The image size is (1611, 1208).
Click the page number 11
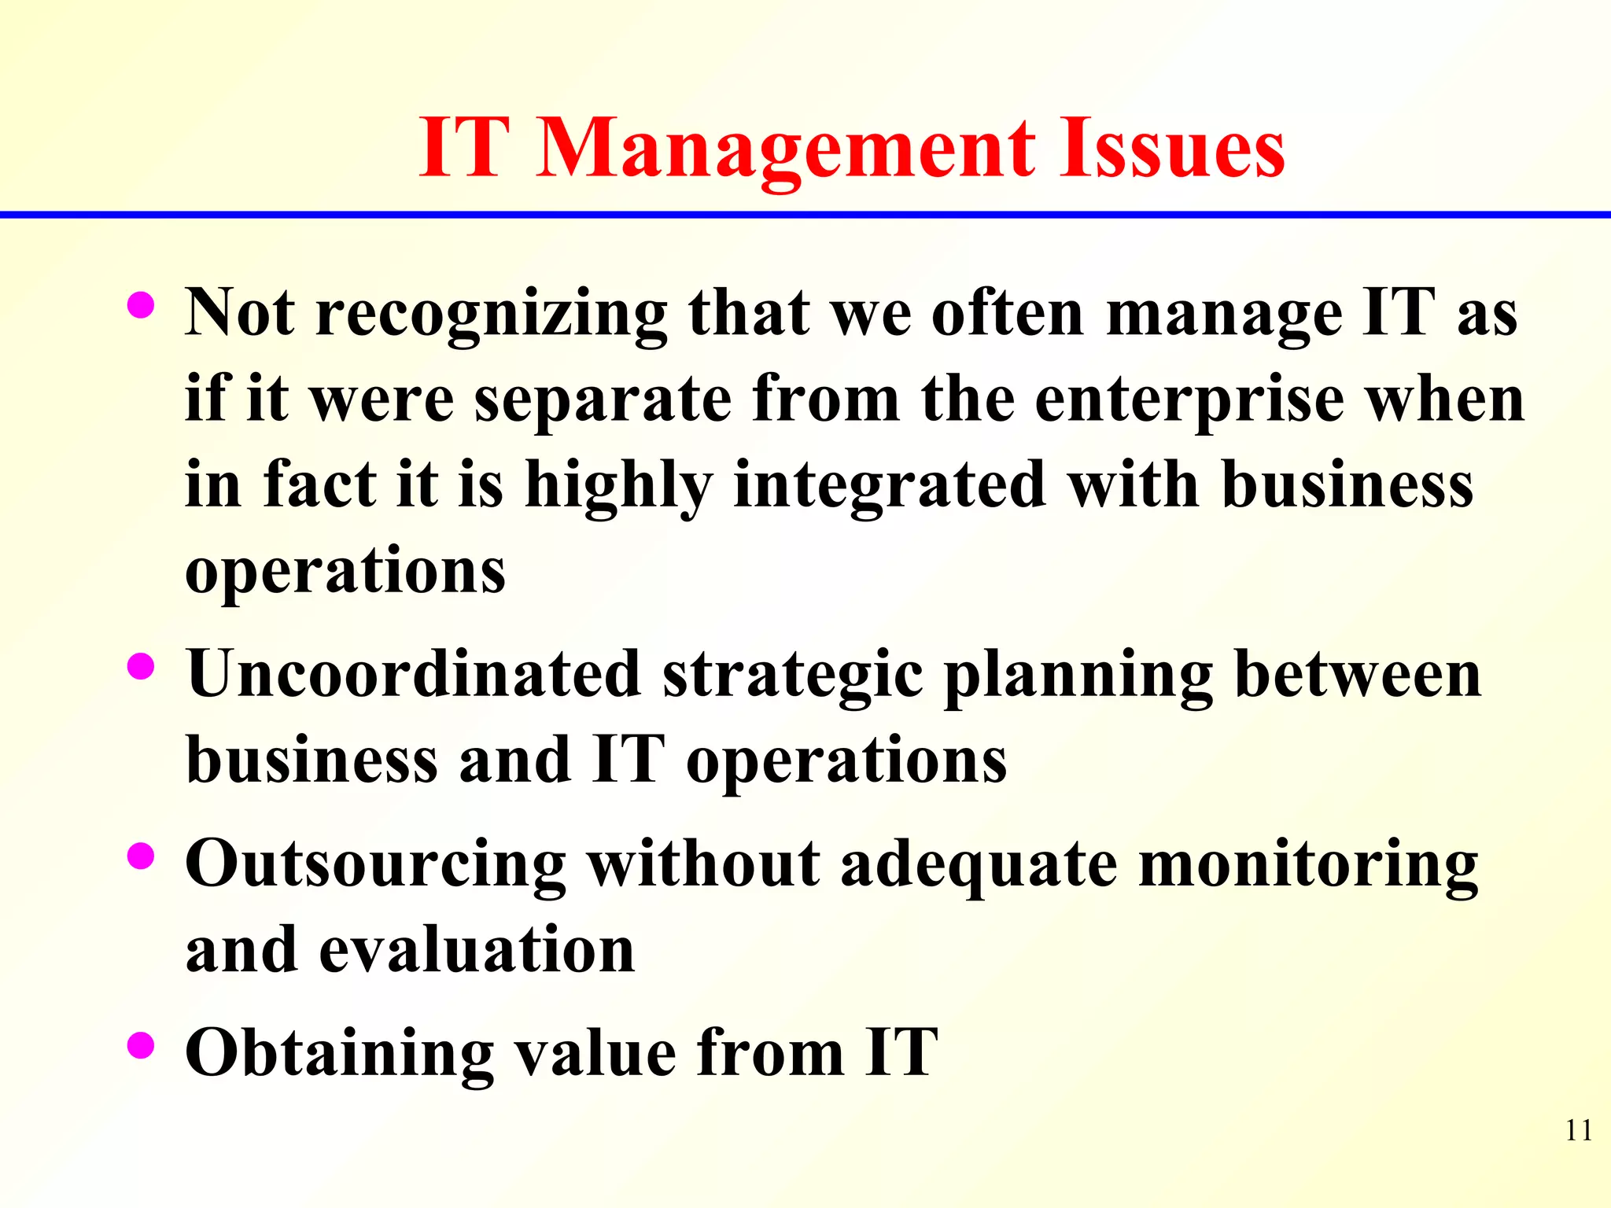click(1579, 1130)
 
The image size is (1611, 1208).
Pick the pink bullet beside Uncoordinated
click(141, 667)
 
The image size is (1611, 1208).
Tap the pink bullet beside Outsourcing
click(141, 856)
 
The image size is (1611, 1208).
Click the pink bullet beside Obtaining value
click(141, 1046)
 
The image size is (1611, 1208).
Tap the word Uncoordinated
click(414, 674)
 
